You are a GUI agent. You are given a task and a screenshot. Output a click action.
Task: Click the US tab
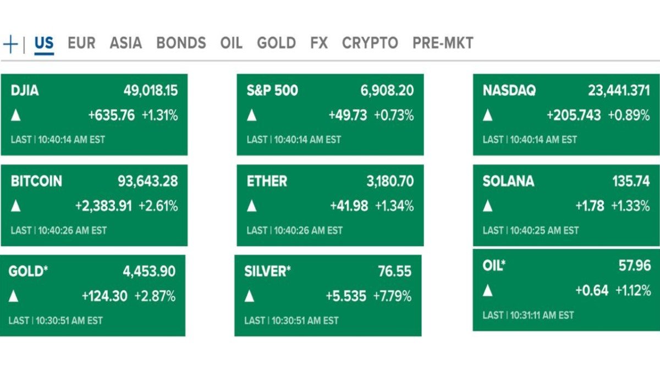(x=44, y=43)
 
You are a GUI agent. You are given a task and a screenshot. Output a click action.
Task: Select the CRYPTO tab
(x=370, y=43)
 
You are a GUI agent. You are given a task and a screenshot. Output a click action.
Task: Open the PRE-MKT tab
(x=443, y=43)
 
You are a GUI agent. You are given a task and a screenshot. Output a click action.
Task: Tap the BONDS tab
(x=181, y=43)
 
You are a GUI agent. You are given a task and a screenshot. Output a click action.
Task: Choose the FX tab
(x=319, y=43)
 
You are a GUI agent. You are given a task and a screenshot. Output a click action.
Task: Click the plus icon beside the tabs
(x=10, y=44)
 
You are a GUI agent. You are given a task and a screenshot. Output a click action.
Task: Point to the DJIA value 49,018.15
(x=150, y=91)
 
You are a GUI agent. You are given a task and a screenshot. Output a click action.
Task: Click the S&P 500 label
(x=272, y=91)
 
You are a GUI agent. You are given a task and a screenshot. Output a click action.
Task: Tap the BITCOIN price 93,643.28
(x=147, y=181)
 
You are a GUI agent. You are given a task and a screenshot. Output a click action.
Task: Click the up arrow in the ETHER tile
(x=252, y=206)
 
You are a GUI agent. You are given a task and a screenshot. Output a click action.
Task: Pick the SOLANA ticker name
(x=508, y=181)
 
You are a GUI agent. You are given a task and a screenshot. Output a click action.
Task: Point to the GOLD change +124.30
(x=105, y=296)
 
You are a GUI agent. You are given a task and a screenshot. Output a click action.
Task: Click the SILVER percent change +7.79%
(x=392, y=296)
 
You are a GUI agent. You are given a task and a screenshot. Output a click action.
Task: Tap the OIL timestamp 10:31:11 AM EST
(x=542, y=315)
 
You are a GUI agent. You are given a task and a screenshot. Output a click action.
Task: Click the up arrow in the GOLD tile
(x=14, y=296)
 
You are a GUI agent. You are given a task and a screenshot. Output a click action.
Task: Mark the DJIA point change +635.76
(x=111, y=115)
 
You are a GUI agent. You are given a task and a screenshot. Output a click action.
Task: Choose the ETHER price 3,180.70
(x=390, y=181)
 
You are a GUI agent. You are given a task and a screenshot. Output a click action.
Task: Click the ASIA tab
(x=125, y=43)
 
